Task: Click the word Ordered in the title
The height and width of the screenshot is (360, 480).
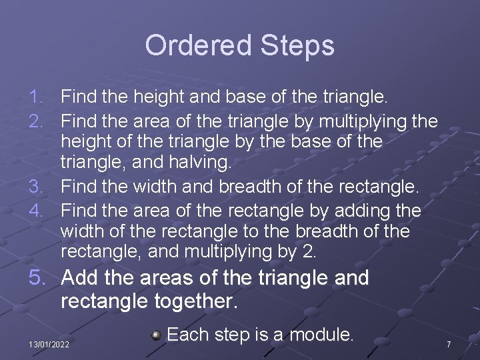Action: tap(191, 46)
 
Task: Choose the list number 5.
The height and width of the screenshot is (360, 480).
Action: tap(37, 278)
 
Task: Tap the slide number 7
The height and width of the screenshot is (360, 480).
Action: tap(449, 344)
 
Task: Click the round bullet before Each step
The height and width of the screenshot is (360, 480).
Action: tap(156, 335)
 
